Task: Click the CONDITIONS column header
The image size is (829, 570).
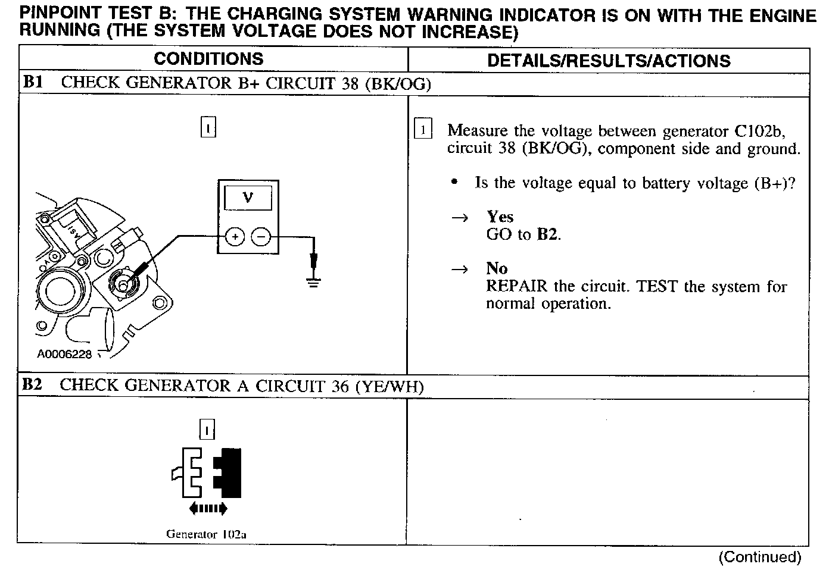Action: [208, 58]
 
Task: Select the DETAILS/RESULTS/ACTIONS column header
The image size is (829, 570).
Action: [609, 61]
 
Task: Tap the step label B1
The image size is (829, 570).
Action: [33, 82]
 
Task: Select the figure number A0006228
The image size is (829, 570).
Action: [64, 354]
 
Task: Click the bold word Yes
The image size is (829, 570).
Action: [500, 217]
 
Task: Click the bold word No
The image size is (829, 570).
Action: [497, 268]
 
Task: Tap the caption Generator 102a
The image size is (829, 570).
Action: [206, 534]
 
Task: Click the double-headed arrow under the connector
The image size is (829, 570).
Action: [208, 508]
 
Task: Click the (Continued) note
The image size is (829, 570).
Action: [760, 557]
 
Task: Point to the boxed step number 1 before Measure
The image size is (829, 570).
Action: [422, 129]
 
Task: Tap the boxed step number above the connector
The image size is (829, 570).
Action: [207, 429]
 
